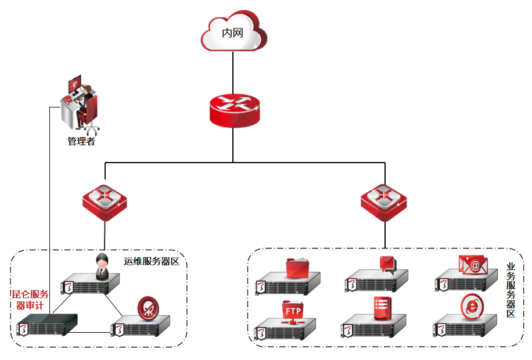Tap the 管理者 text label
(81, 141)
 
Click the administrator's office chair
(91, 117)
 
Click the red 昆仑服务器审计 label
(30, 300)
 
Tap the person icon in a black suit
(102, 265)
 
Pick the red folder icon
(300, 268)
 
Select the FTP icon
(292, 311)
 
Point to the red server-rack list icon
(383, 308)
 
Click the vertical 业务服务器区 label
(511, 290)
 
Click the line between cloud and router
(233, 73)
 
